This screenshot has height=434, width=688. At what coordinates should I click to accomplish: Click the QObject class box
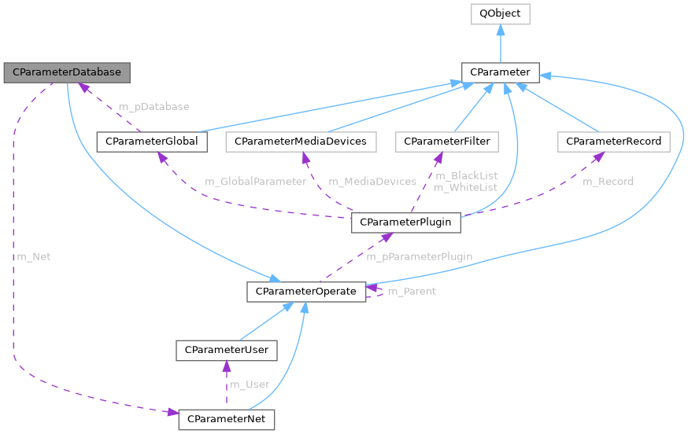(500, 13)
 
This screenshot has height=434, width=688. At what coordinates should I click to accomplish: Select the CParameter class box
(500, 73)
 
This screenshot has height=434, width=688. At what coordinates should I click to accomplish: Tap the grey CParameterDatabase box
(67, 72)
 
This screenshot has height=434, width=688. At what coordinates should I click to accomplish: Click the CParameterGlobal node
(152, 142)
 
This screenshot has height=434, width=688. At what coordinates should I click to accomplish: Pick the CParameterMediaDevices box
(301, 142)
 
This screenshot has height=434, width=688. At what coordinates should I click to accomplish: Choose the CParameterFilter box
(447, 142)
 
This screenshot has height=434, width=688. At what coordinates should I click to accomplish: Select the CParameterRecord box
(614, 142)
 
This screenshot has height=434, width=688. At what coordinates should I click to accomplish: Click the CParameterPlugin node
(405, 223)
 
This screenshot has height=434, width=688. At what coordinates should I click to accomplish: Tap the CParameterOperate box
(306, 291)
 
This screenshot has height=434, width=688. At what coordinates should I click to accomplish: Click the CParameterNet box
(227, 420)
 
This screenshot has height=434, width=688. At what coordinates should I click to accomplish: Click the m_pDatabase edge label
(154, 106)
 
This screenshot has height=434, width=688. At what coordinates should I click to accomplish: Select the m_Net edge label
(34, 256)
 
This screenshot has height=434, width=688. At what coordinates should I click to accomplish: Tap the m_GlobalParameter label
(256, 182)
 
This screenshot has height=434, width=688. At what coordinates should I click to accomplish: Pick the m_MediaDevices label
(372, 182)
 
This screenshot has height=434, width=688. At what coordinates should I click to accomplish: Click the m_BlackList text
(466, 175)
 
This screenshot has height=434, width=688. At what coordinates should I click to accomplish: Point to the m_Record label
(608, 182)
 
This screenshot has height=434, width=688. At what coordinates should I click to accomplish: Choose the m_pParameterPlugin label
(419, 256)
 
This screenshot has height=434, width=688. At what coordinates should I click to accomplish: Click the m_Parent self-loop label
(412, 292)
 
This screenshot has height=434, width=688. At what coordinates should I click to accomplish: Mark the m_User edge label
(250, 384)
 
